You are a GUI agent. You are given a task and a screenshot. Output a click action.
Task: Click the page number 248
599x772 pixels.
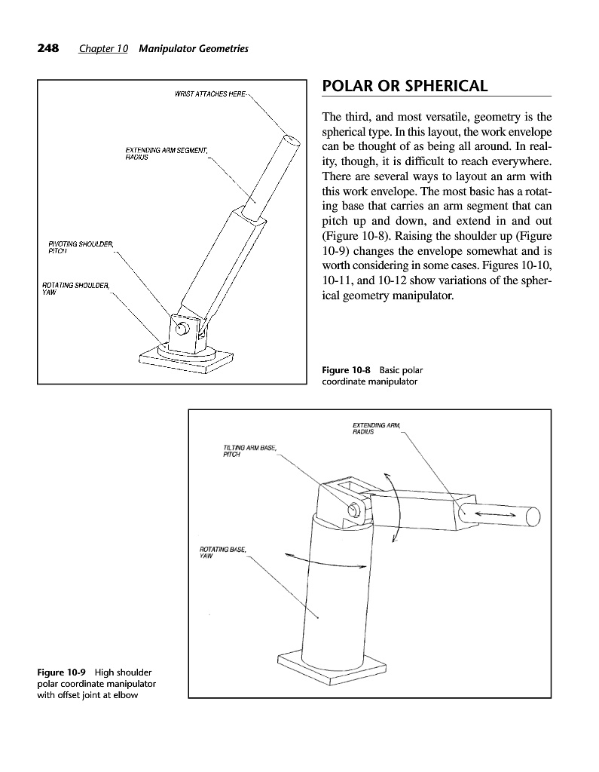click(48, 49)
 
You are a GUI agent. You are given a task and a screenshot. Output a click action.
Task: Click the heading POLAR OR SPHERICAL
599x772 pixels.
click(405, 86)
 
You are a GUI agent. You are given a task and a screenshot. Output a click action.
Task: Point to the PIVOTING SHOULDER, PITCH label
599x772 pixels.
click(81, 246)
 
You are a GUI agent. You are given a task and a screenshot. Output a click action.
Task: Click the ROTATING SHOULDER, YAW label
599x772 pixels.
click(76, 288)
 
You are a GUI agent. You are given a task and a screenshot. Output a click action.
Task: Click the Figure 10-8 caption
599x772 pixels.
click(369, 375)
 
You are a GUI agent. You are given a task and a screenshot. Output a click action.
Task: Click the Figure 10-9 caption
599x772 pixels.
click(96, 683)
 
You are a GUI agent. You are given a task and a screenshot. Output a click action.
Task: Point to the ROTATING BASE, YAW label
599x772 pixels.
click(222, 553)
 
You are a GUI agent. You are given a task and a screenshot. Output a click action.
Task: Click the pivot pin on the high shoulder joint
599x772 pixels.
click(352, 511)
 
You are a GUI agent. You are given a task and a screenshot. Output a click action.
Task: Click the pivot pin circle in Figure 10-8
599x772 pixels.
click(180, 329)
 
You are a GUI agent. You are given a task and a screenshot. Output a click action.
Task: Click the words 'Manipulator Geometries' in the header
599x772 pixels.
click(194, 49)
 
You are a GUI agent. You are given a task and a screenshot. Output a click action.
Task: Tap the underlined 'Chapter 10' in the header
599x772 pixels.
click(103, 49)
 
